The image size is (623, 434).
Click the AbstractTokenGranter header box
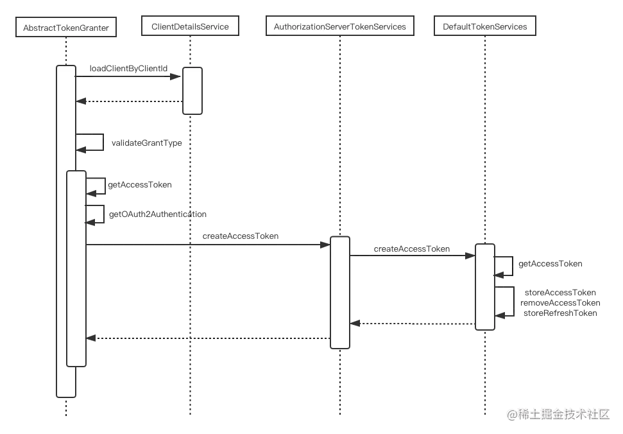(x=66, y=27)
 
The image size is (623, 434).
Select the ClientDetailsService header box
(x=190, y=26)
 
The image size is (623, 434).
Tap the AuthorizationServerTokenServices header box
(x=339, y=26)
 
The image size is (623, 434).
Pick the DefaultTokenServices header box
(x=484, y=26)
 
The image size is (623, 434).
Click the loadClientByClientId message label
(x=128, y=68)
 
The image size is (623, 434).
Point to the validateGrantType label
(x=147, y=143)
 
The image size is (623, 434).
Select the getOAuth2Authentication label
(x=158, y=214)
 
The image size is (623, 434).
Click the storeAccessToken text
(x=560, y=293)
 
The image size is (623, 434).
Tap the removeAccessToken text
(x=560, y=303)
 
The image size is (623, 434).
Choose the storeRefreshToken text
(x=560, y=313)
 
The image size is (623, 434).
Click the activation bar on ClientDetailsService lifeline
(x=192, y=91)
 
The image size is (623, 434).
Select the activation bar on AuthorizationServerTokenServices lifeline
(x=339, y=293)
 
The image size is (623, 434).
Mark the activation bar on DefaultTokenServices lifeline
(x=484, y=287)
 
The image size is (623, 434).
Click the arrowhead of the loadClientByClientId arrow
(x=176, y=76)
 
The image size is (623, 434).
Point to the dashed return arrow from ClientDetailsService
(x=129, y=101)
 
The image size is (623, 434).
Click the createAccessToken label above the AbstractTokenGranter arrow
(x=241, y=236)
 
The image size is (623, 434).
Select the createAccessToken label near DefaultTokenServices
(x=412, y=249)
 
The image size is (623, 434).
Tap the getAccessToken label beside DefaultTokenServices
(x=550, y=263)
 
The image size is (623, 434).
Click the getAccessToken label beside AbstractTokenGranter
(x=140, y=184)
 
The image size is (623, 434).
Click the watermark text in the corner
(x=558, y=415)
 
